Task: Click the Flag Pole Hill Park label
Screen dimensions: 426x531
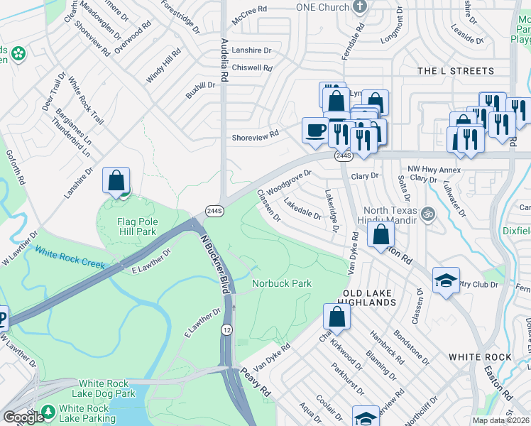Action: [137, 226]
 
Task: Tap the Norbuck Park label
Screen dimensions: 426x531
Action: [282, 283]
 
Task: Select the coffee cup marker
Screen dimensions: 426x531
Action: [315, 130]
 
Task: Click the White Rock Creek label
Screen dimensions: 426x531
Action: [70, 259]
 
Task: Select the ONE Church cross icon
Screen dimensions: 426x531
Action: [361, 6]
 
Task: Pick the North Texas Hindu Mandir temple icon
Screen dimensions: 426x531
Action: [427, 213]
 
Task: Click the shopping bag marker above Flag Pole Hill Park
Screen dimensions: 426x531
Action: [116, 181]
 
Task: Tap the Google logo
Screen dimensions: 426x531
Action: [23, 417]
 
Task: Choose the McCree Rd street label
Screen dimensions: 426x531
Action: [252, 9]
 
